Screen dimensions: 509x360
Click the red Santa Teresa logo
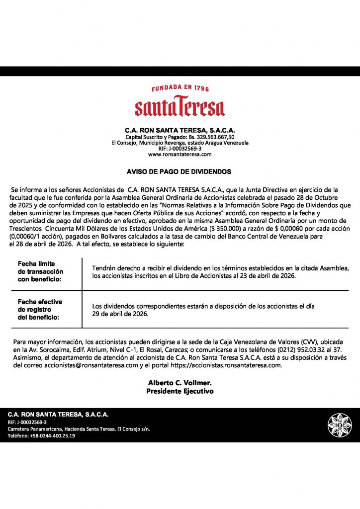click(x=180, y=107)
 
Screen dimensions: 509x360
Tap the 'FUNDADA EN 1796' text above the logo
click(x=180, y=88)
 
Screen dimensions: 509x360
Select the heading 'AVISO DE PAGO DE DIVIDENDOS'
click(x=180, y=171)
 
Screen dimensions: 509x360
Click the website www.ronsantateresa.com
click(x=180, y=155)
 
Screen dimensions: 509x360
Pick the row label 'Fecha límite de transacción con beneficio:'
click(x=41, y=272)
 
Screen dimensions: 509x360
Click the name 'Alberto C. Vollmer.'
click(x=180, y=383)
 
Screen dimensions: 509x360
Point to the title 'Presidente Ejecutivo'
click(x=180, y=391)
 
